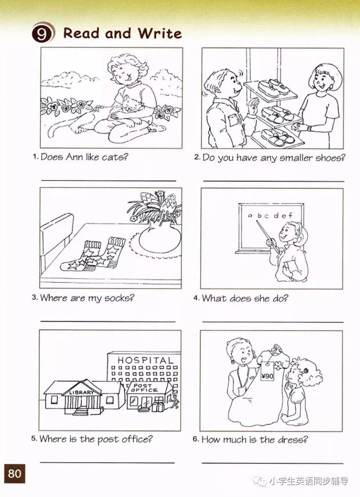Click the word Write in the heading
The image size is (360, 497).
click(160, 33)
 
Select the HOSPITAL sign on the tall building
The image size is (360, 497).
click(146, 360)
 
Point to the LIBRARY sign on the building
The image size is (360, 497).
click(82, 392)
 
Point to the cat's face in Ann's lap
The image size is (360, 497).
click(129, 103)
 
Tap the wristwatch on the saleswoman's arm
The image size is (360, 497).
click(309, 128)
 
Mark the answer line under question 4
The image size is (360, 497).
click(273, 321)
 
